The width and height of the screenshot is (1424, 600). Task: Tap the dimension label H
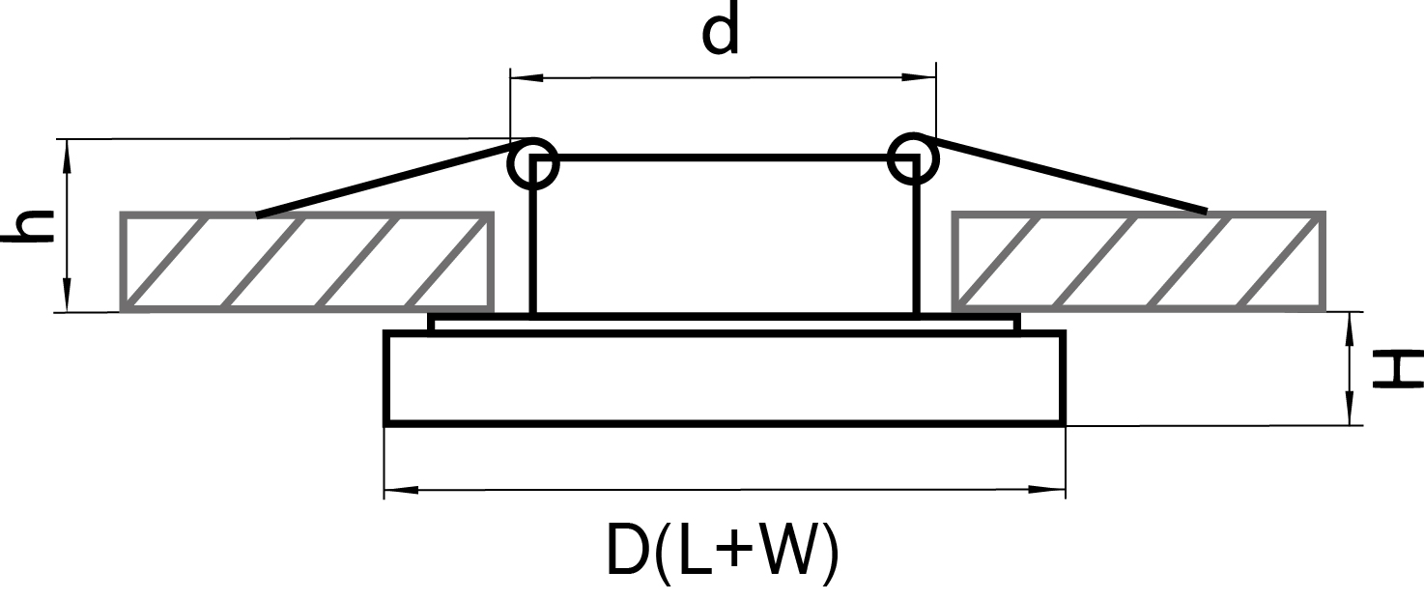1395,370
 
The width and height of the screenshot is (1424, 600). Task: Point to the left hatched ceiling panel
307,262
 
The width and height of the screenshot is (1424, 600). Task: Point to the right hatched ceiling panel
1138,262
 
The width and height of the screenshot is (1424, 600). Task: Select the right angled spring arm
1063,174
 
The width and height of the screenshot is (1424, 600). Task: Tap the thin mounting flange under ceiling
725,323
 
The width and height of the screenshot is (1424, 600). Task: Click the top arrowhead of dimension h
68,150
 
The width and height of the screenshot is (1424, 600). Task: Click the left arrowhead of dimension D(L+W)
396,490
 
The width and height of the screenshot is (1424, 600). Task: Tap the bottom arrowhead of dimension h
68,300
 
